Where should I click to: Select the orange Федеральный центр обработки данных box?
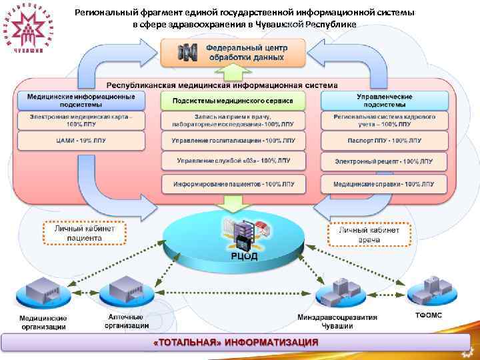pyautogui.click(x=233, y=52)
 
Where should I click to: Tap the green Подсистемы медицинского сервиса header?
pyautogui.click(x=233, y=101)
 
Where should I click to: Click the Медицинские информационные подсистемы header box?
pyautogui.click(x=81, y=101)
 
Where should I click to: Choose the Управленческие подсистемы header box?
pyautogui.click(x=385, y=101)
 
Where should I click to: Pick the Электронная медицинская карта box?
pyautogui.click(x=81, y=121)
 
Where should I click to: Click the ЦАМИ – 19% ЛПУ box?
pyautogui.click(x=81, y=141)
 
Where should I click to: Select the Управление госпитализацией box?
pyautogui.click(x=233, y=141)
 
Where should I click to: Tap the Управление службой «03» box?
pyautogui.click(x=233, y=161)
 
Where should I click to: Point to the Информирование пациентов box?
pyautogui.click(x=233, y=183)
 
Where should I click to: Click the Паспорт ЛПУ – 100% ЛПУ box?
pyautogui.click(x=385, y=141)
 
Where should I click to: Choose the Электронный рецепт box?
pyautogui.click(x=385, y=161)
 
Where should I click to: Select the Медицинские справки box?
pyautogui.click(x=385, y=183)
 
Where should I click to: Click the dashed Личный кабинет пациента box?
pyautogui.click(x=84, y=233)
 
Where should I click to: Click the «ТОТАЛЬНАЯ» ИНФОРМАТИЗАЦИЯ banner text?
pyautogui.click(x=236, y=342)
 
